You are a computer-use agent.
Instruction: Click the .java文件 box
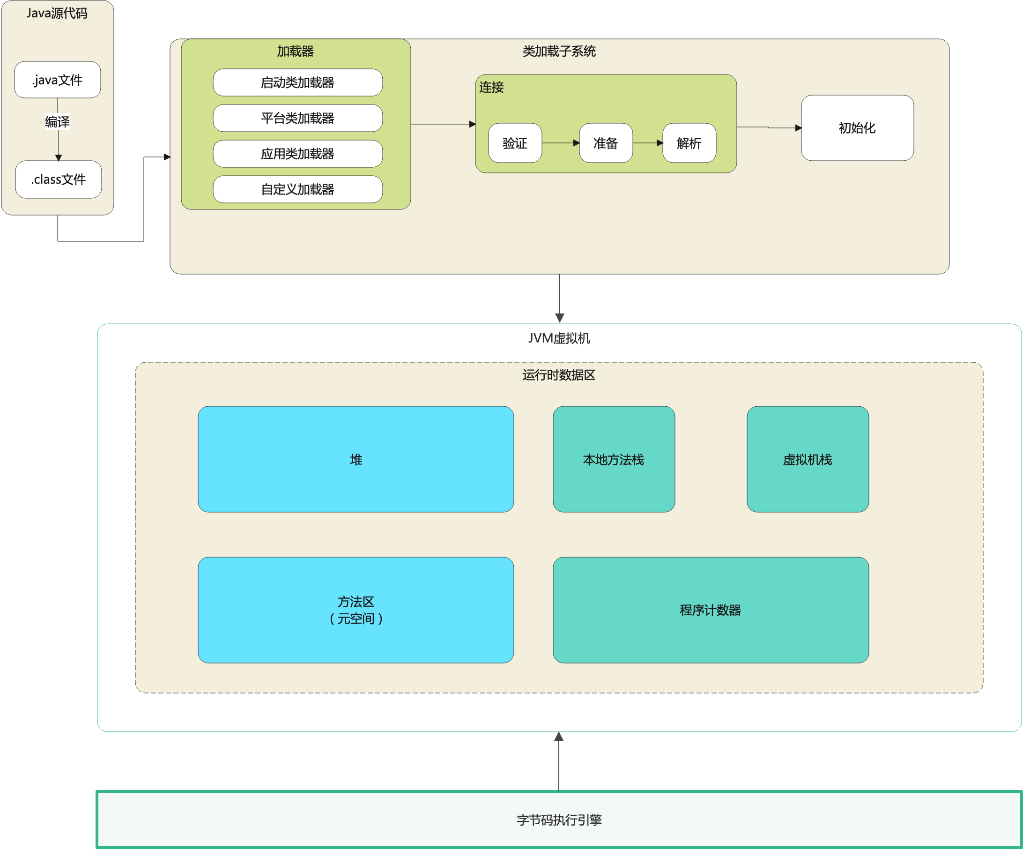tap(58, 80)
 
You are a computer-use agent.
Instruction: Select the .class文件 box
tap(59, 179)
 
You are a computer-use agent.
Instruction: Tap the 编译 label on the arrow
tap(58, 121)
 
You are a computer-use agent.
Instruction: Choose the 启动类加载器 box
tap(297, 82)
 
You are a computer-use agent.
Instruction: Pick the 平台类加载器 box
tap(297, 118)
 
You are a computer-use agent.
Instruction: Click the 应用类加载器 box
tap(297, 154)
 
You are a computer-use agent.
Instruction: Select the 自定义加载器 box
tap(297, 189)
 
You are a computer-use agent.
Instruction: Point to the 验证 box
tap(515, 143)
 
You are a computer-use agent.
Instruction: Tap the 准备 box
tap(606, 143)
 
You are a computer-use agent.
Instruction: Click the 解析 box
tap(689, 143)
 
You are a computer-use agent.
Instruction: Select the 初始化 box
tap(857, 128)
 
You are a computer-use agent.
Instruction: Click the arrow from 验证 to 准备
tap(560, 143)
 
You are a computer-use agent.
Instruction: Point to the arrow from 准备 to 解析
tap(647, 143)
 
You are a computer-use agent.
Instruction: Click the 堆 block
tap(356, 459)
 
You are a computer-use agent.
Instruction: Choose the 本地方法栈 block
tap(613, 459)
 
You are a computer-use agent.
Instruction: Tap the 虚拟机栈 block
tap(807, 459)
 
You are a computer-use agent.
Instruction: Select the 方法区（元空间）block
tap(356, 610)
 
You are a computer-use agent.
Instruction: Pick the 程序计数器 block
tap(710, 610)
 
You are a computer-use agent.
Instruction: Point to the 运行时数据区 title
tap(559, 375)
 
